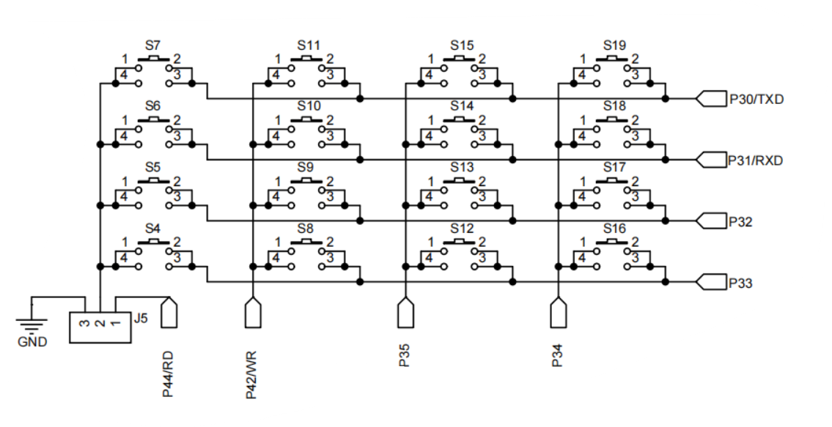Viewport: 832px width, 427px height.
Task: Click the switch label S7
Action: [153, 45]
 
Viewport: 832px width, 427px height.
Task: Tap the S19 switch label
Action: [615, 45]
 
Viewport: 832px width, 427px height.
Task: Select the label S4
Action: [153, 229]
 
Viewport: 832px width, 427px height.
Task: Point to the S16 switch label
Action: [615, 229]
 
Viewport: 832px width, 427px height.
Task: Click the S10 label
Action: [309, 106]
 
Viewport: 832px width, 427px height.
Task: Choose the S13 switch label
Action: [462, 167]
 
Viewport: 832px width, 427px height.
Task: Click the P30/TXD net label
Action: [756, 99]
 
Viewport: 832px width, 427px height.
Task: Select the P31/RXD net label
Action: [756, 160]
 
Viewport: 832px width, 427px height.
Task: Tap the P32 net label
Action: [741, 221]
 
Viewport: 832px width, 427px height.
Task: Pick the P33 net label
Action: [741, 283]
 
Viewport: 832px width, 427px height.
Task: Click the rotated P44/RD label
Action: [169, 374]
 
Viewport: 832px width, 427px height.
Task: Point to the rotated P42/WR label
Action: [251, 374]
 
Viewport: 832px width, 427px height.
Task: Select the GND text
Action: [32, 341]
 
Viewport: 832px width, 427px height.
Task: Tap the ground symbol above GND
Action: [32, 324]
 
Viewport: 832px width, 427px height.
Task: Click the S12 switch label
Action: [462, 229]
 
